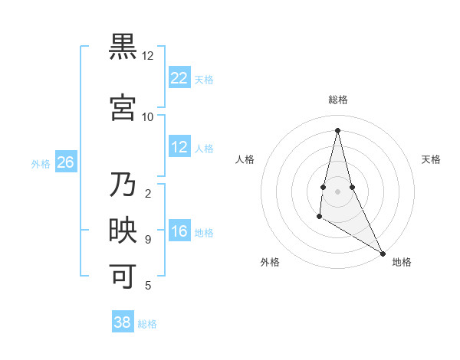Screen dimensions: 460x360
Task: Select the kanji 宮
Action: pos(123,107)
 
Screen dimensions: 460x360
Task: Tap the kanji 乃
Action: pos(123,185)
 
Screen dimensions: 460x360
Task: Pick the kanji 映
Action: pos(123,230)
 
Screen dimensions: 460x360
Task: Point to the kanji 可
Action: pos(123,276)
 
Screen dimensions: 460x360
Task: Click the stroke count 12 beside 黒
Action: pos(148,56)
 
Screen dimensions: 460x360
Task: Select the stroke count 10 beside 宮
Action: pos(148,117)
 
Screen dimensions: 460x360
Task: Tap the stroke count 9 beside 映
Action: pos(148,240)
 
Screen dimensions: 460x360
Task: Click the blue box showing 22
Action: pos(179,77)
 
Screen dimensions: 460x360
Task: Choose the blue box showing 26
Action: pos(65,162)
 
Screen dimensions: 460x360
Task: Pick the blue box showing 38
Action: pos(123,322)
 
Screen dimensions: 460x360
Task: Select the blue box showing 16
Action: pos(179,231)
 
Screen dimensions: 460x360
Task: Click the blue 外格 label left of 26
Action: pos(41,163)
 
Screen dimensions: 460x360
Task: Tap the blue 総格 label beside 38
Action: pos(147,324)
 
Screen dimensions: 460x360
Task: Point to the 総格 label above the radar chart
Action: pos(338,100)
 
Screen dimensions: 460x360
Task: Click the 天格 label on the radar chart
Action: pos(432,159)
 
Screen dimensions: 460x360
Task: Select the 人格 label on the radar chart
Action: pos(245,159)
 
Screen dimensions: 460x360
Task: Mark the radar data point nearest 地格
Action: pos(383,254)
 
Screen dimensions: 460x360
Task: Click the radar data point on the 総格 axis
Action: pos(337,130)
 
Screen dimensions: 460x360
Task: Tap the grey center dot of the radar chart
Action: pos(337,180)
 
